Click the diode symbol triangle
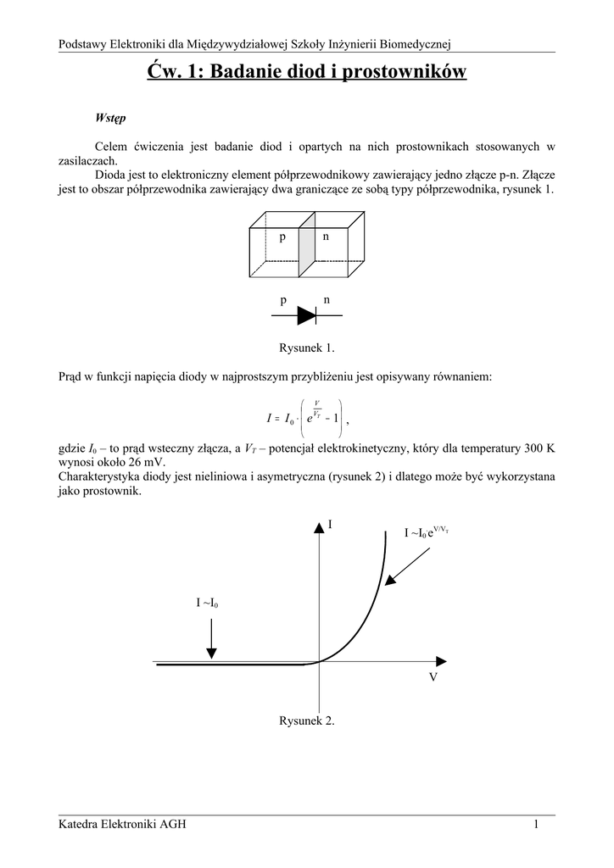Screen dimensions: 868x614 [x=305, y=315]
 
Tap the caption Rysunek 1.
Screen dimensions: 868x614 [x=307, y=348]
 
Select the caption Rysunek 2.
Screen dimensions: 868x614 [x=307, y=721]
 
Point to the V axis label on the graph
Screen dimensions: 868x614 [x=433, y=679]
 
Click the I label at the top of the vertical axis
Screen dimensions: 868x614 [x=331, y=526]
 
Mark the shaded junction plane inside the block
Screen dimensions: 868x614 [x=306, y=249]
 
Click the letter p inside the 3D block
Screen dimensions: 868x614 [x=282, y=237]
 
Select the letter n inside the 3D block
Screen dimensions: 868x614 [x=325, y=236]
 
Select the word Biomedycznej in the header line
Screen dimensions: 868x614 [x=417, y=43]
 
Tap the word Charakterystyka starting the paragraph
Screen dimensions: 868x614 [x=98, y=477]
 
